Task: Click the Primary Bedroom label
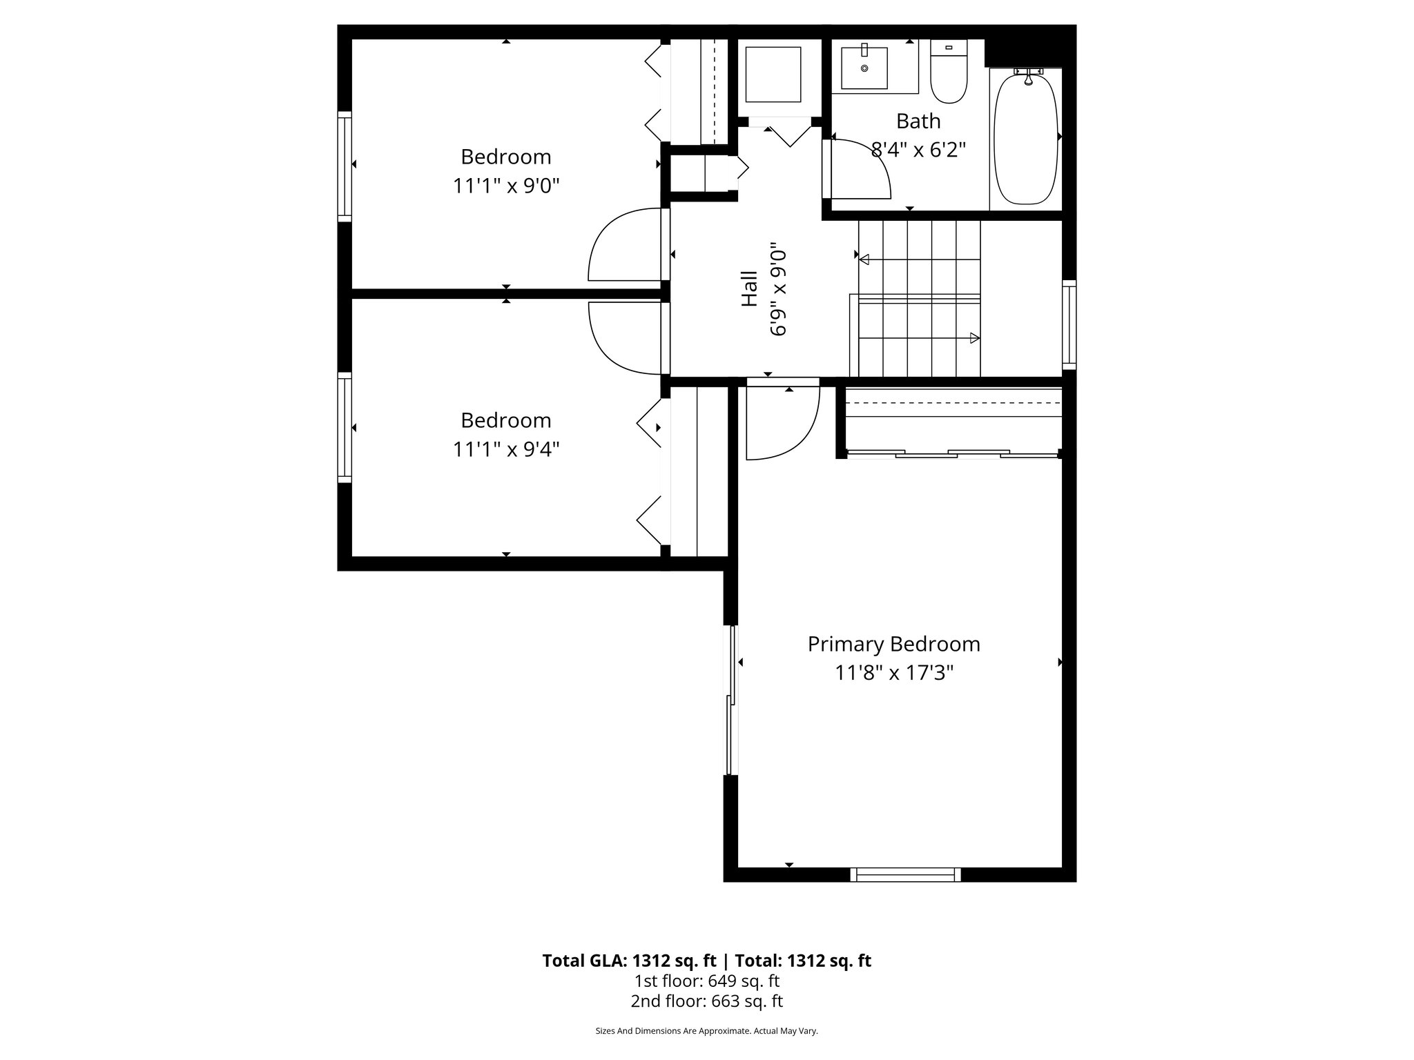tap(893, 644)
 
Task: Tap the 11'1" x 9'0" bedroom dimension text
tap(505, 186)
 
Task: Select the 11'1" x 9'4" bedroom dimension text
tap(505, 450)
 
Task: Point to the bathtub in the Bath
tap(1025, 140)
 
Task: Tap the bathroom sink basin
tap(864, 68)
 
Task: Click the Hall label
tap(749, 288)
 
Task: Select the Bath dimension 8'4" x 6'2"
tap(918, 150)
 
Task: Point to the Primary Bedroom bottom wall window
tap(904, 874)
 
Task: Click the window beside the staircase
tap(1069, 324)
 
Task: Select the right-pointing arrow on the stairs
tap(974, 338)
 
